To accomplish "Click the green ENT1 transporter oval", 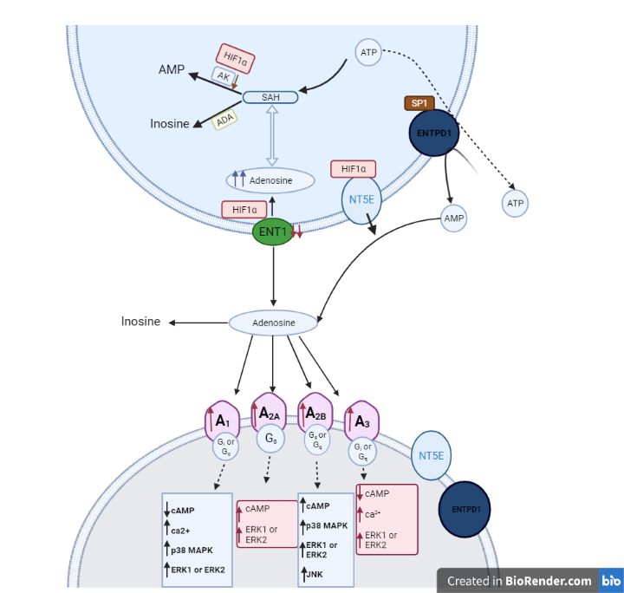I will [x=273, y=231].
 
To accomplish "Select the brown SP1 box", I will [x=419, y=103].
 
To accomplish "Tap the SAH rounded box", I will [x=270, y=97].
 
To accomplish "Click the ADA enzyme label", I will [x=225, y=121].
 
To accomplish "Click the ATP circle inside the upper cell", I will [x=369, y=53].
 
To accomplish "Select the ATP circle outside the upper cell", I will [x=516, y=204].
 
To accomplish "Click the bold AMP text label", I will [x=171, y=69].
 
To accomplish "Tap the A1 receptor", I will [x=222, y=420].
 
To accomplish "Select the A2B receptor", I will [x=315, y=414].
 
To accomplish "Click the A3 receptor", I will [x=362, y=420].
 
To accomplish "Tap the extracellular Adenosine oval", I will [x=273, y=323].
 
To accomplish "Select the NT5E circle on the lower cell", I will [x=431, y=455].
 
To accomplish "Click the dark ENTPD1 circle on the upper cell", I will [x=433, y=133].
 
